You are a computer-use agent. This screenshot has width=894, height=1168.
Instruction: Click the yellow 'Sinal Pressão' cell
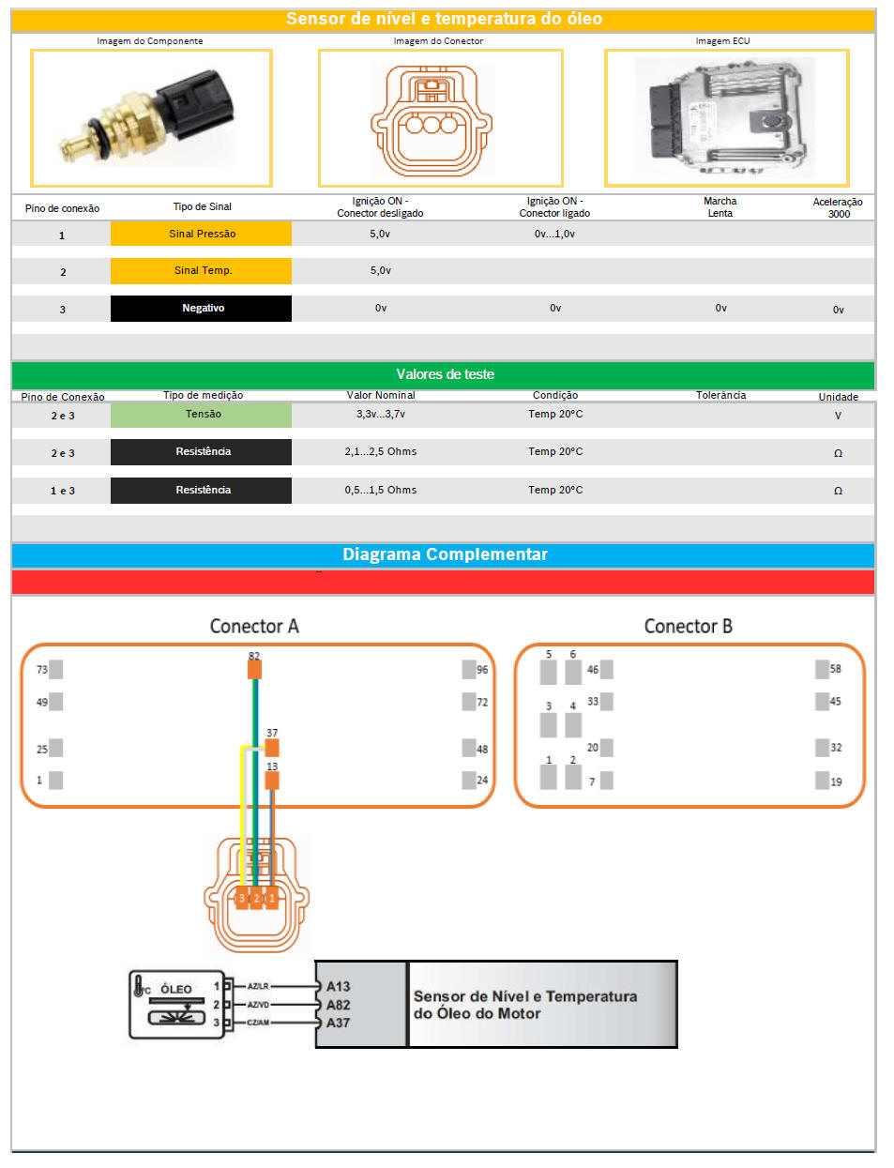click(x=201, y=234)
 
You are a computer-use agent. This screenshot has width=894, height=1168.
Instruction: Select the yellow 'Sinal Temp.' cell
click(x=201, y=271)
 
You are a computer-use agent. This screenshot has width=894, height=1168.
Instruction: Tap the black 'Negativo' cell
click(x=201, y=309)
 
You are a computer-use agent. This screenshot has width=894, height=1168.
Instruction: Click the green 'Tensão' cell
click(x=201, y=415)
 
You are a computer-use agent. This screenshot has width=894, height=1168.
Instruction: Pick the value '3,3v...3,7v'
click(x=380, y=414)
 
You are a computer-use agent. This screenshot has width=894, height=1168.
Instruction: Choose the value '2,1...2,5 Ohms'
click(x=380, y=451)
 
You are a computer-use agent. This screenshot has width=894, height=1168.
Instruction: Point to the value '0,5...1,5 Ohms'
click(x=380, y=490)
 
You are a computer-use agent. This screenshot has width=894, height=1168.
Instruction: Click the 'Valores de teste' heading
click(x=445, y=374)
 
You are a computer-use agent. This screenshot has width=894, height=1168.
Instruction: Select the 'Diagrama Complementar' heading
click(x=445, y=554)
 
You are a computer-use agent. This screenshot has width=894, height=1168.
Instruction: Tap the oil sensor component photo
click(x=151, y=117)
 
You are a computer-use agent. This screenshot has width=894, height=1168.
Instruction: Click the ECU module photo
click(x=725, y=117)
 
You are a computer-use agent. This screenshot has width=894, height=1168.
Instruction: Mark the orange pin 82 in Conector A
click(x=254, y=669)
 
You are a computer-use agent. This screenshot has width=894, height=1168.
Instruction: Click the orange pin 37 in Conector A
click(x=272, y=747)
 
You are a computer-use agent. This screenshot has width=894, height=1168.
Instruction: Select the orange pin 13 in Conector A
click(x=272, y=780)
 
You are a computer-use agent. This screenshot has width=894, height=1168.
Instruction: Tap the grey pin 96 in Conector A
click(x=469, y=669)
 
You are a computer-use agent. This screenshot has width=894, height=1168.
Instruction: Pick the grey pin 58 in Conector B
click(x=822, y=669)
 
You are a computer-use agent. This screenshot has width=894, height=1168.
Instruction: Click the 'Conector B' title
click(x=688, y=626)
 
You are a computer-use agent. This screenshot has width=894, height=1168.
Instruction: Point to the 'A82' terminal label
click(x=338, y=1005)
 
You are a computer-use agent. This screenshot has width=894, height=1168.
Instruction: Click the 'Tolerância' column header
click(x=720, y=395)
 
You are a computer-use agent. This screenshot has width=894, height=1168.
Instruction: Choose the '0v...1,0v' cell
click(x=554, y=234)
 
